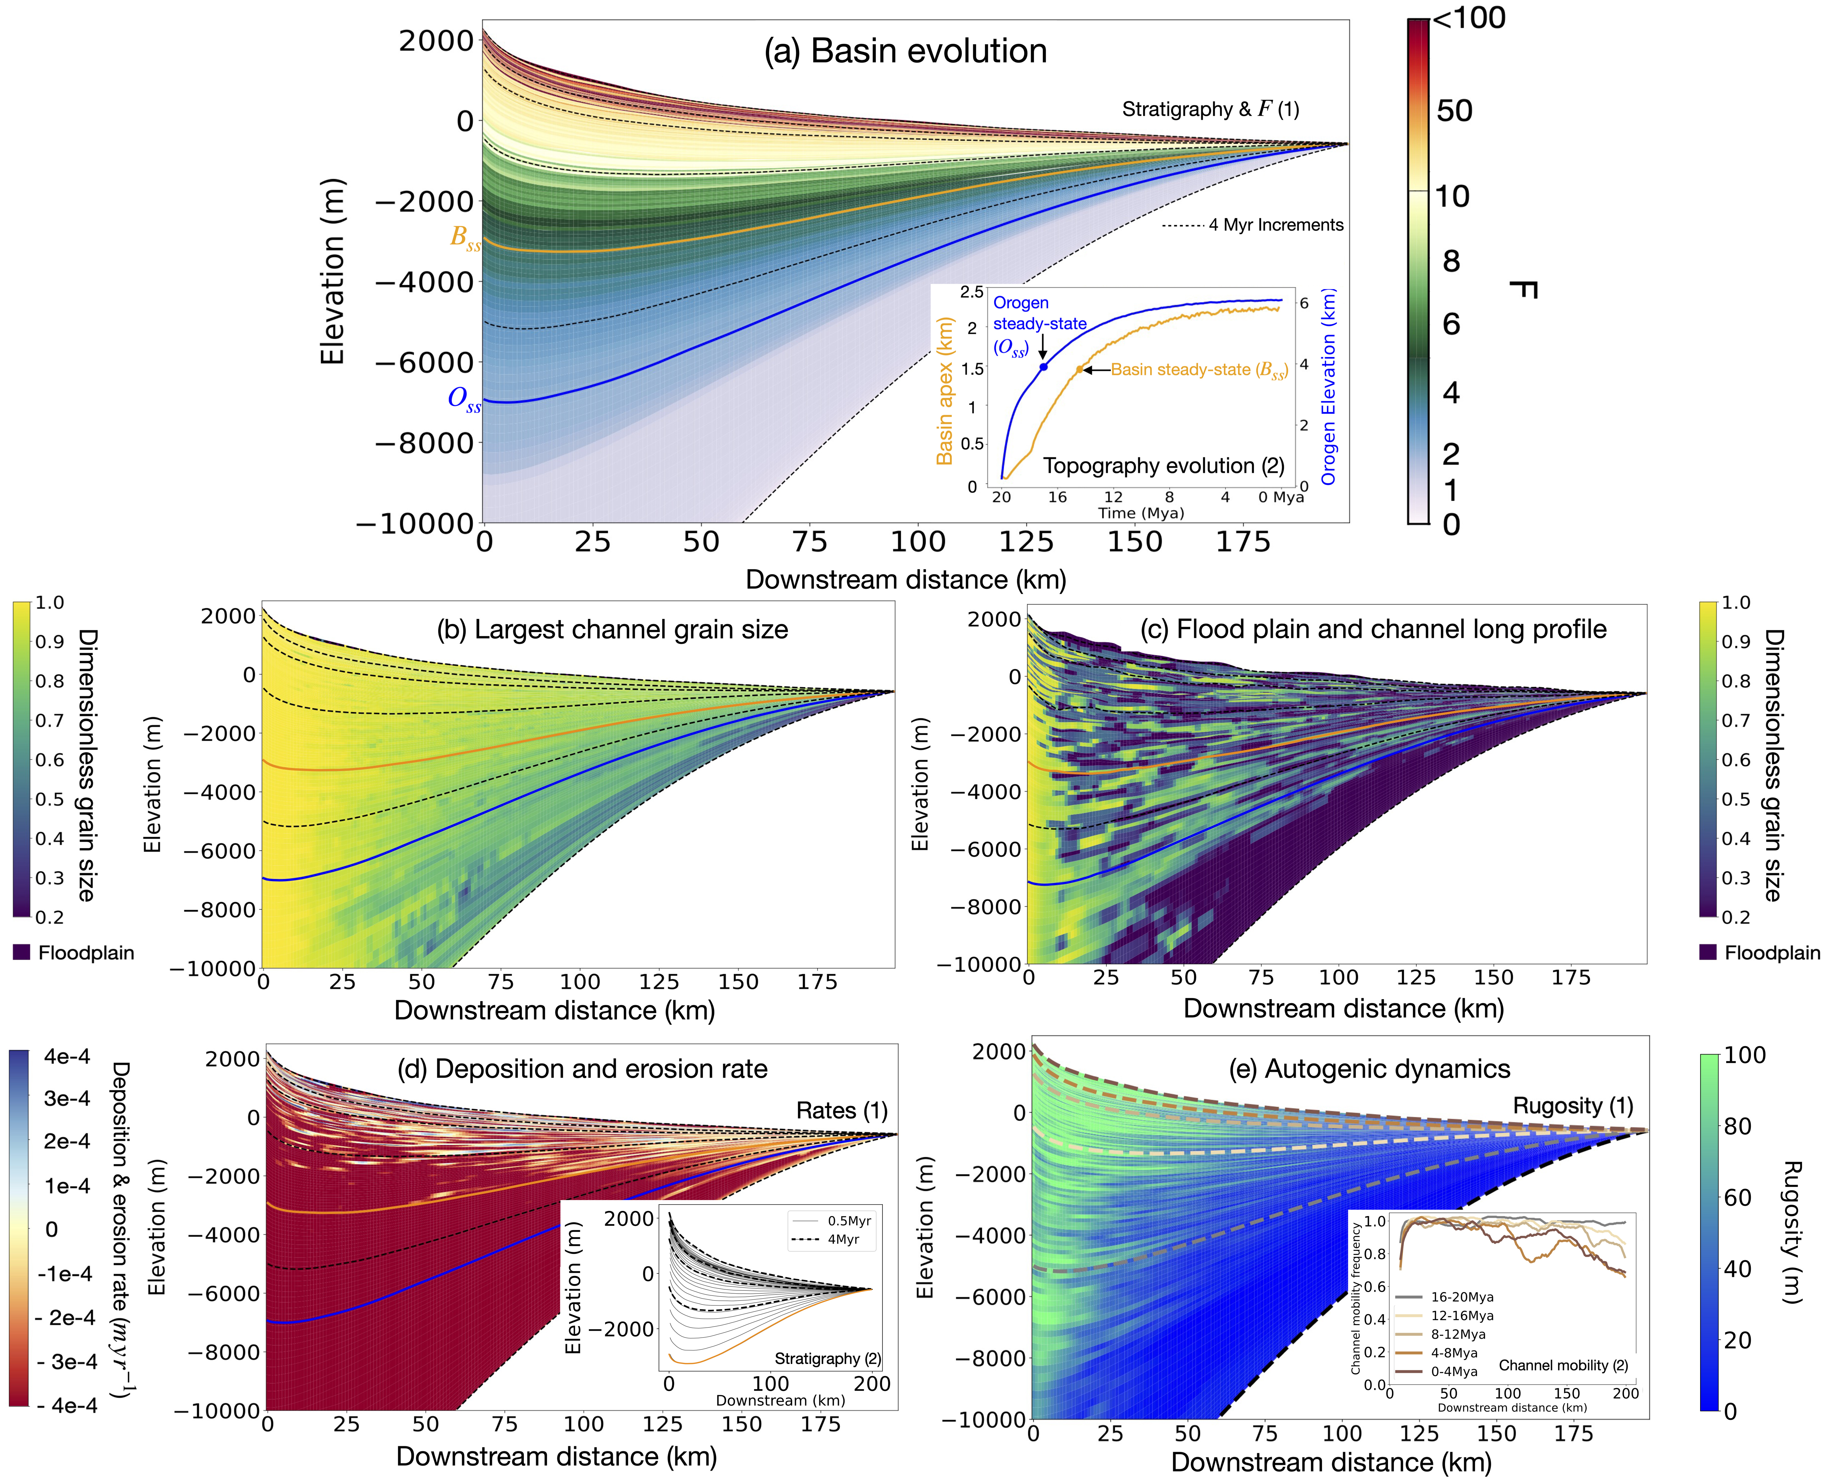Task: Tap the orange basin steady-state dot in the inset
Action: (1079, 370)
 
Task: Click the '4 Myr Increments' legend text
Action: (1276, 225)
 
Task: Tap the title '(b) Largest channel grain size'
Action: (612, 630)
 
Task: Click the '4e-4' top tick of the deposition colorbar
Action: (66, 1057)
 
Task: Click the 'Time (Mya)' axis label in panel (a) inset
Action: (1141, 513)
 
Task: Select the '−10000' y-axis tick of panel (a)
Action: (415, 523)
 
